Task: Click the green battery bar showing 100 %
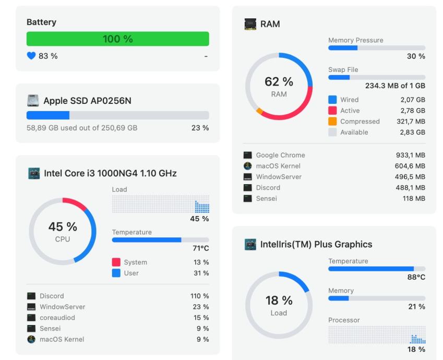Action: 118,39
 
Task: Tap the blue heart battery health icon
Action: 31,56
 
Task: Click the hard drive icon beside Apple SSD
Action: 33,101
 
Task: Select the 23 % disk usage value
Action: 200,128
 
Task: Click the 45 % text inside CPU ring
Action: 63,226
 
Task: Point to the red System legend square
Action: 116,262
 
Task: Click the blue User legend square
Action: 116,273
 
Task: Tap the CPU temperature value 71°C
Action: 201,248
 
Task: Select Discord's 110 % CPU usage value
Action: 199,296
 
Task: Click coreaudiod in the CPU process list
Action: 57,318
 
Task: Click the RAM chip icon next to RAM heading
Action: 250,24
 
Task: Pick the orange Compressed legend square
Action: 332,121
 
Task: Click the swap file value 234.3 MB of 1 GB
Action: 395,86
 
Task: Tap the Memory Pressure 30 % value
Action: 416,56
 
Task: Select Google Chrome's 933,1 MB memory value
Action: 411,155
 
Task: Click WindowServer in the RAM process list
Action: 279,177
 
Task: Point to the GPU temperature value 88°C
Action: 416,277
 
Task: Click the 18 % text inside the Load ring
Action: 279,301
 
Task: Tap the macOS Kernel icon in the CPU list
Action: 31,339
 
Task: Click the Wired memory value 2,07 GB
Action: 413,100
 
